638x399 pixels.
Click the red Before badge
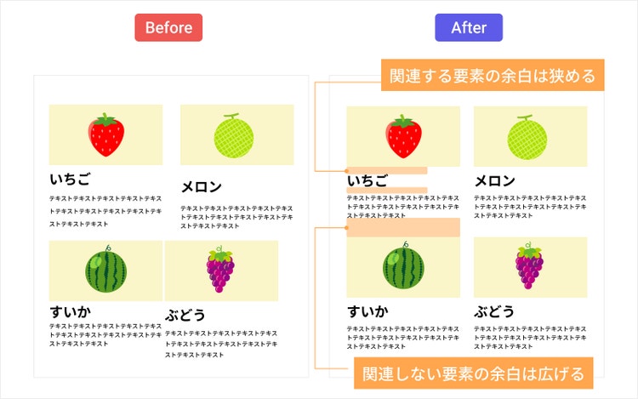coord(168,27)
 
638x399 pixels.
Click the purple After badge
coord(469,27)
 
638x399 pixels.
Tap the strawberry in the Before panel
coord(106,134)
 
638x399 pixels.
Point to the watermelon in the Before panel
coord(106,270)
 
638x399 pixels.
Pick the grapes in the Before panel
coord(220,271)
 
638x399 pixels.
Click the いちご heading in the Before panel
coord(70,179)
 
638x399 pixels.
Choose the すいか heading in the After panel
coord(367,311)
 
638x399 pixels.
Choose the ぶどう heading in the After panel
coord(494,311)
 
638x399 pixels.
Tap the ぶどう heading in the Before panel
coord(185,315)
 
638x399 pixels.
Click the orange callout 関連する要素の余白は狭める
coord(493,75)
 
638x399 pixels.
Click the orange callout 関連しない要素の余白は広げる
coord(473,373)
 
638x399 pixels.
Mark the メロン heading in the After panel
coord(494,180)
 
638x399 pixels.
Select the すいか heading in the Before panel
coord(70,311)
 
